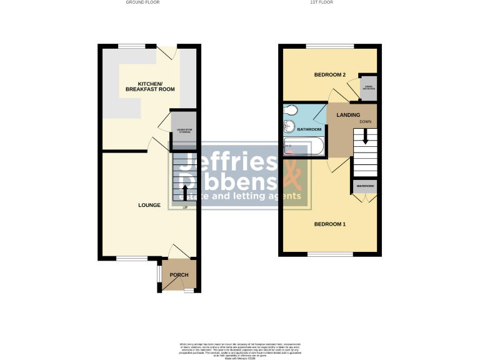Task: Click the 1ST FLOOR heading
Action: pyautogui.click(x=321, y=2)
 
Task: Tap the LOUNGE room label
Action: pyautogui.click(x=150, y=205)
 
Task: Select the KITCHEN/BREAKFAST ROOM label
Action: pyautogui.click(x=150, y=87)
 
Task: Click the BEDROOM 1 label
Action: pyautogui.click(x=330, y=224)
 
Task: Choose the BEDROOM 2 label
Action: pyautogui.click(x=330, y=75)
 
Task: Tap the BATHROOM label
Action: pyautogui.click(x=309, y=129)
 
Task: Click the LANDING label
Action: pyautogui.click(x=348, y=115)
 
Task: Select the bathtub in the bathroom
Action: pyautogui.click(x=302, y=147)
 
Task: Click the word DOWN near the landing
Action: pyautogui.click(x=366, y=121)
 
